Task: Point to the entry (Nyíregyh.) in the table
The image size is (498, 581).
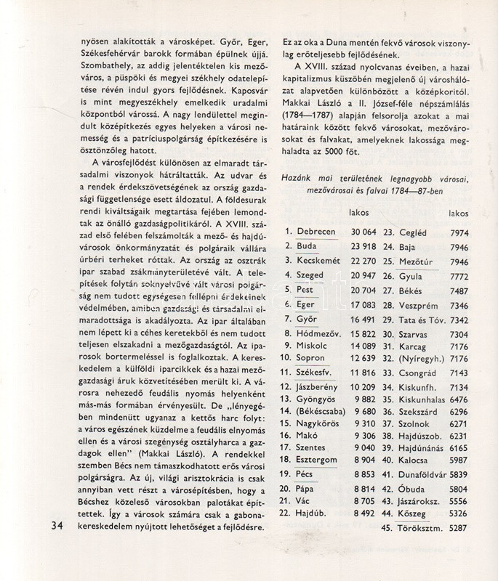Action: point(422,357)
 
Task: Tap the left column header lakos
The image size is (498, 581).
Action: point(358,214)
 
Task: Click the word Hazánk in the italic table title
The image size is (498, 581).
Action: point(301,179)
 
